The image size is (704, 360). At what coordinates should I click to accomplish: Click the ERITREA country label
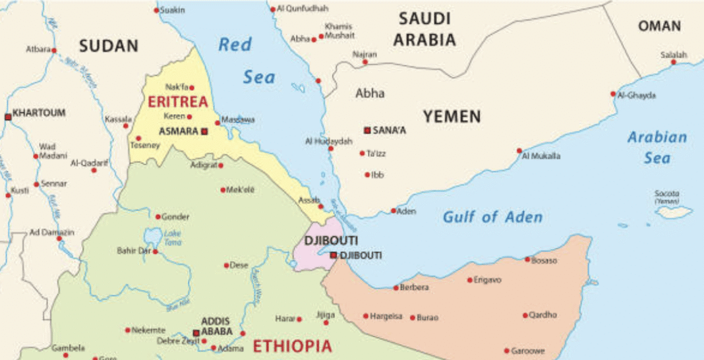click(x=177, y=102)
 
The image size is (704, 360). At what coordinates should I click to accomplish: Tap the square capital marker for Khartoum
click(x=8, y=117)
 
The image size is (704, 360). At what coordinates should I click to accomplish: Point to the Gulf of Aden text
click(x=492, y=217)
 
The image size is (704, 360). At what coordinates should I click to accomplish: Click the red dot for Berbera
click(x=396, y=287)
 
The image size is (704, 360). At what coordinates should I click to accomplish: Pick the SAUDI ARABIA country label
click(x=425, y=29)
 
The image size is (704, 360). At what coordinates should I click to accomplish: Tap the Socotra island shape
click(x=674, y=212)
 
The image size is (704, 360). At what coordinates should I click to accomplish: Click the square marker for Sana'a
click(x=367, y=131)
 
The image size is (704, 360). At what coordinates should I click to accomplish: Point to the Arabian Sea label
click(x=657, y=147)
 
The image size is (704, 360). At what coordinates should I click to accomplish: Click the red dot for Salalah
click(x=674, y=62)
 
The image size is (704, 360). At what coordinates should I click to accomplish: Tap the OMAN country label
click(x=659, y=26)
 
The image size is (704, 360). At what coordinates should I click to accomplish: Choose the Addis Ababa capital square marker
click(x=196, y=333)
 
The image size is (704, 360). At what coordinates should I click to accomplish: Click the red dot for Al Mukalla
click(x=519, y=150)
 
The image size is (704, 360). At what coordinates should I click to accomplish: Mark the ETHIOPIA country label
click(x=293, y=345)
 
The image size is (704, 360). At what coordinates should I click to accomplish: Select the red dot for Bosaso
click(x=527, y=259)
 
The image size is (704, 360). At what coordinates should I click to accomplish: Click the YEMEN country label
click(x=452, y=117)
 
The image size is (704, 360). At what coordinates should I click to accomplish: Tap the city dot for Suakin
click(x=156, y=10)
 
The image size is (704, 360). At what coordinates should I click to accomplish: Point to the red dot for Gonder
click(x=158, y=216)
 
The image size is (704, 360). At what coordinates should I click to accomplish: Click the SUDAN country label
click(x=109, y=46)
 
